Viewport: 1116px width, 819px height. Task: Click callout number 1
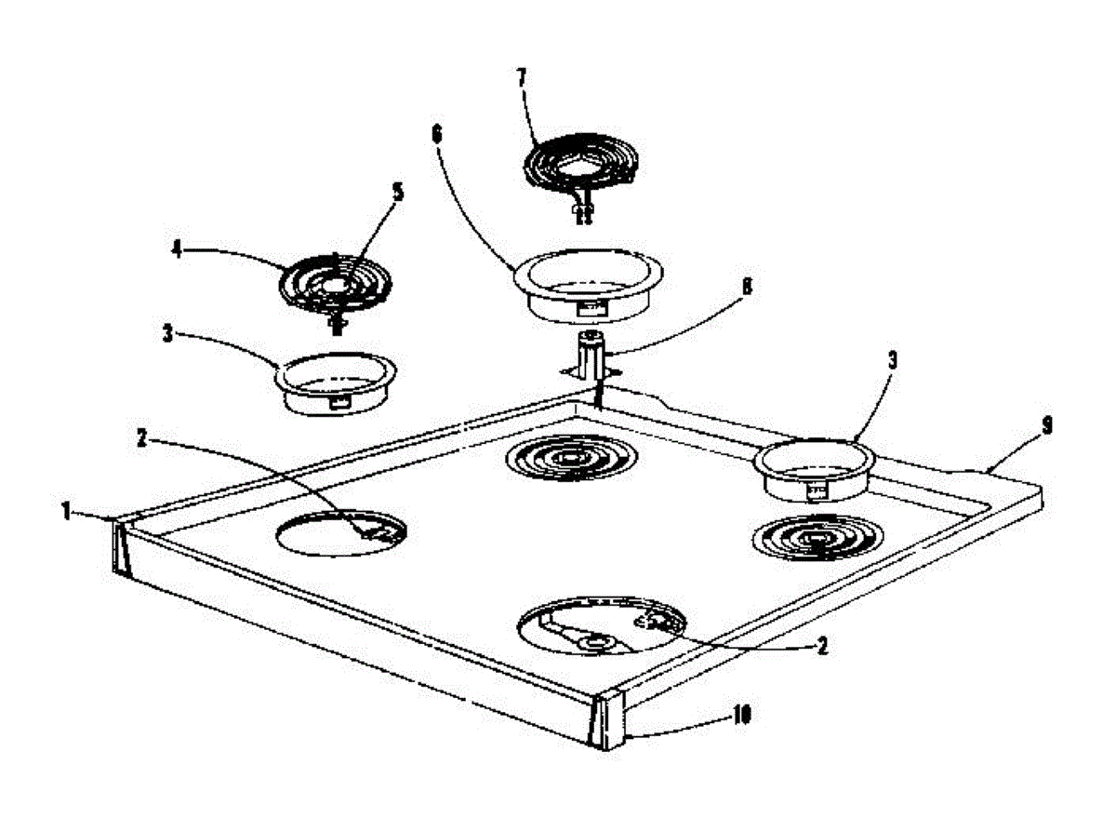point(66,512)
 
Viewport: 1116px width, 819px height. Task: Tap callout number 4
point(177,249)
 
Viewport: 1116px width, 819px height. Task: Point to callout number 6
point(437,135)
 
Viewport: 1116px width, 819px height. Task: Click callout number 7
point(521,78)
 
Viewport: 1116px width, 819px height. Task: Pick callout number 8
point(748,286)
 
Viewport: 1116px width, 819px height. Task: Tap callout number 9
point(1047,425)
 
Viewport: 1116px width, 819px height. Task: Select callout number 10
point(742,717)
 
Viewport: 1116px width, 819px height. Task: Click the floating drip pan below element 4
point(336,383)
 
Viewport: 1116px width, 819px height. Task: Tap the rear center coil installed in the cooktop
point(571,457)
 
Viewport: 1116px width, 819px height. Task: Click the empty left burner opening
point(341,533)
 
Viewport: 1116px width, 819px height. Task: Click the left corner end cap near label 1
point(120,547)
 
